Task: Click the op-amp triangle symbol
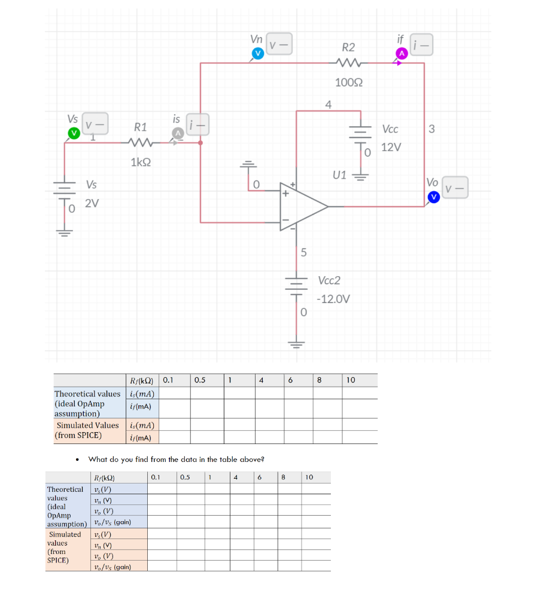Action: pos(302,206)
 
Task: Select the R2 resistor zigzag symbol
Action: pos(348,63)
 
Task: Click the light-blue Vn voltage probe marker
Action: pos(257,54)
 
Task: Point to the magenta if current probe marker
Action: pos(402,54)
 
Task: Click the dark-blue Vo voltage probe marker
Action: pos(433,196)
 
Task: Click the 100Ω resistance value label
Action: pos(348,82)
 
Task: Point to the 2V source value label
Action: pos(92,203)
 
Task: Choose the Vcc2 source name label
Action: pos(330,280)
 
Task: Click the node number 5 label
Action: pos(303,252)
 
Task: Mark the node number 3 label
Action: pos(432,129)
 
